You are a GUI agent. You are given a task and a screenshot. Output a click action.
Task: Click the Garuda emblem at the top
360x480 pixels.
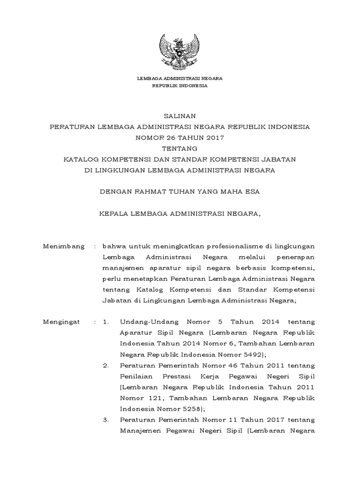(x=180, y=49)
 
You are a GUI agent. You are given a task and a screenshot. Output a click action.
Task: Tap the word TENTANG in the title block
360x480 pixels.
(x=180, y=149)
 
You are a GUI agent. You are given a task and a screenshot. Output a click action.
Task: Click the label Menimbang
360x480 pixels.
(x=64, y=246)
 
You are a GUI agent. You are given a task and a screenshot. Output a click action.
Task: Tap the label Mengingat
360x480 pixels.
(x=61, y=322)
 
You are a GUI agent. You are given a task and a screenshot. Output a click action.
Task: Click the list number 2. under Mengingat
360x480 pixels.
(x=105, y=365)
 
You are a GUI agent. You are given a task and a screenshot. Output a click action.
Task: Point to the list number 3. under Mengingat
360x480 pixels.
(x=105, y=419)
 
